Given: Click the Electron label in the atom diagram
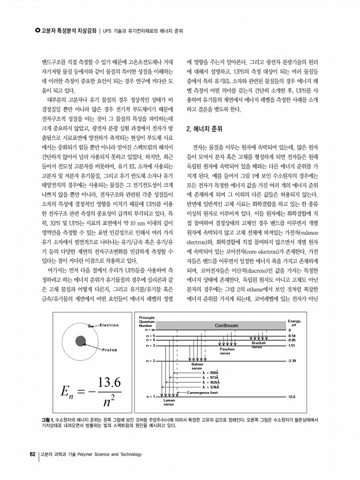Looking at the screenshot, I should (109, 325).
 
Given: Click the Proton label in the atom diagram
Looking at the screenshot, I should (110, 350).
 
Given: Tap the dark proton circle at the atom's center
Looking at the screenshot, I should (80, 340).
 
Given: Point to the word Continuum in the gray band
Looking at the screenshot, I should (230, 326).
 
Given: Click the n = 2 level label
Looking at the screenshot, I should (151, 361).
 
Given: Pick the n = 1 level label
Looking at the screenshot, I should (151, 397).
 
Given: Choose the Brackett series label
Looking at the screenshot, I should (258, 345).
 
